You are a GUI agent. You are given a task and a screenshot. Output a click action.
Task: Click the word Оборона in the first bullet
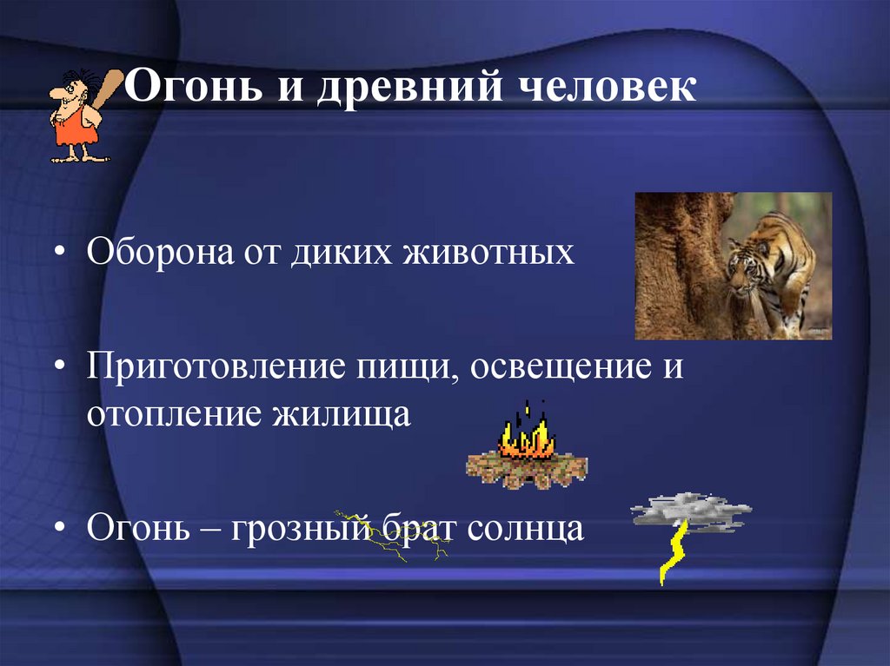pos(156,254)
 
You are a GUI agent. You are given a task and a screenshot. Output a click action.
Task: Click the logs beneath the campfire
pos(526,469)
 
